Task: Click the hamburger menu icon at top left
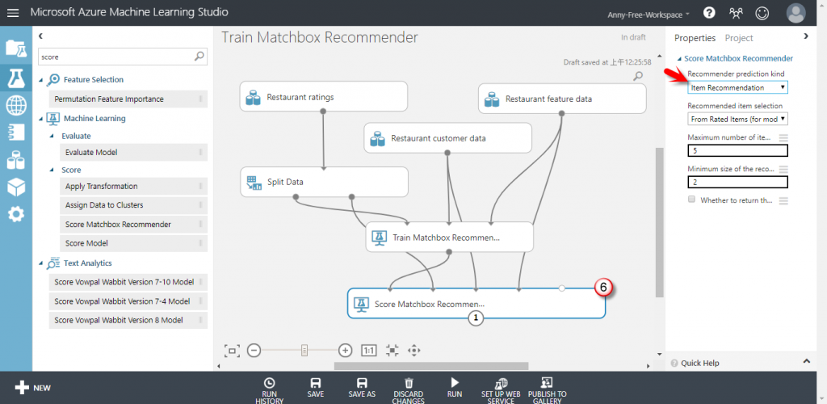point(13,13)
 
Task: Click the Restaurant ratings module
point(322,97)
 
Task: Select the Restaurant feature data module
point(561,99)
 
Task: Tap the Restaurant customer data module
point(447,138)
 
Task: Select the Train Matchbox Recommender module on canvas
point(449,238)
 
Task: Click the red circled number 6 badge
point(603,287)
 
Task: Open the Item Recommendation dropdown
point(737,87)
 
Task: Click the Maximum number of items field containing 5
point(737,150)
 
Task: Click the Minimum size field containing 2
point(737,183)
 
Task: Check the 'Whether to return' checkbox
point(691,199)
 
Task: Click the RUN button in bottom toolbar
point(455,387)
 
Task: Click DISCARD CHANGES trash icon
point(409,384)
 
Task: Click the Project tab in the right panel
point(739,38)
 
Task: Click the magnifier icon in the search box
point(199,57)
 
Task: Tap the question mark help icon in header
point(709,13)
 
